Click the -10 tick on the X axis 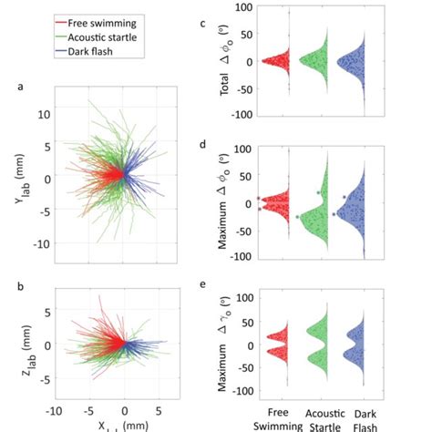pos(57,411)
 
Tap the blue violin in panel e pos(353,349)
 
